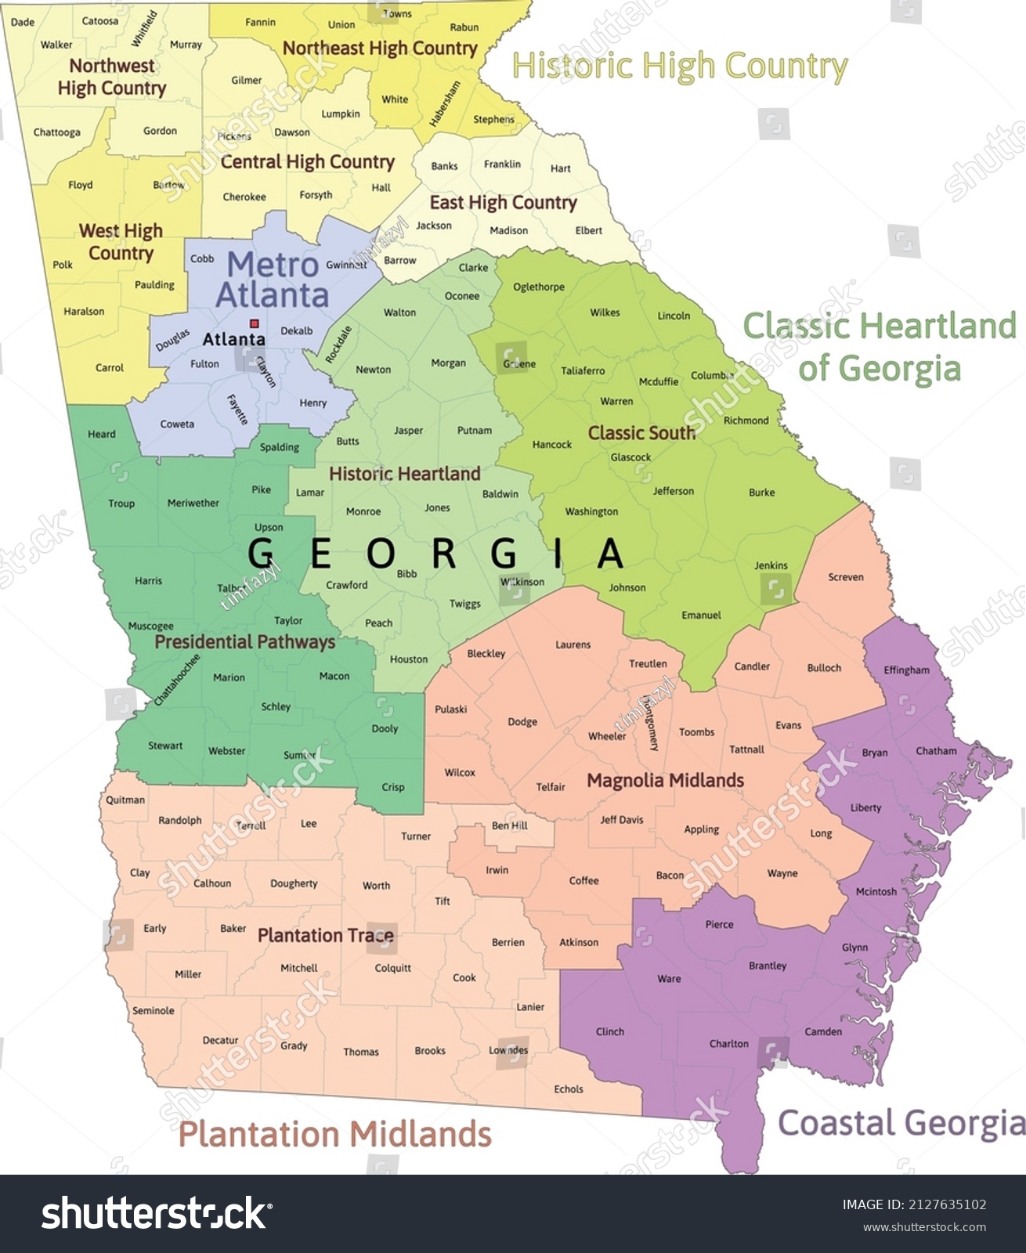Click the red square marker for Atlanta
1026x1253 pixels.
pyautogui.click(x=254, y=323)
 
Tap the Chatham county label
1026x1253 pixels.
pyautogui.click(x=936, y=750)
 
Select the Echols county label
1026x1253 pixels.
pyautogui.click(x=568, y=1089)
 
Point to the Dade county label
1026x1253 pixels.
pyautogui.click(x=23, y=22)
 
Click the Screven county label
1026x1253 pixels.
pyautogui.click(x=846, y=577)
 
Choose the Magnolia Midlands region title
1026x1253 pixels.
pyautogui.click(x=665, y=780)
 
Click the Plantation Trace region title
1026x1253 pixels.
pyautogui.click(x=325, y=935)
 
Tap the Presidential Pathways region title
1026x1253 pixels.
pyautogui.click(x=244, y=642)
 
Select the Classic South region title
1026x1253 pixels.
pyautogui.click(x=641, y=433)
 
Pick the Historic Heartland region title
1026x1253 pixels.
pyautogui.click(x=404, y=474)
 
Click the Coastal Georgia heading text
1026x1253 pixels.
pyautogui.click(x=901, y=1123)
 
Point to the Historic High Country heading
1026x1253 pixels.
pyautogui.click(x=679, y=67)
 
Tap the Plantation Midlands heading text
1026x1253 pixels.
pyautogui.click(x=335, y=1134)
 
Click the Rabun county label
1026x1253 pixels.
pyautogui.click(x=464, y=27)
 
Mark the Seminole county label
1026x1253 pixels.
pyautogui.click(x=153, y=1010)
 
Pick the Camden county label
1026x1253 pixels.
pyautogui.click(x=823, y=1031)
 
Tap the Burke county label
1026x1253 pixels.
pyautogui.click(x=761, y=493)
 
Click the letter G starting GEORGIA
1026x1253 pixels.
pyautogui.click(x=262, y=554)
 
